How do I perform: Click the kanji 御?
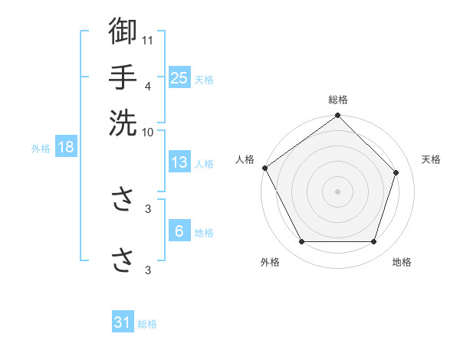123,31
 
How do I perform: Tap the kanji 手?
123,77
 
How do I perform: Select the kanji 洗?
123,123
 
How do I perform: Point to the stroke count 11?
148,39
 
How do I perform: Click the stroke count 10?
148,131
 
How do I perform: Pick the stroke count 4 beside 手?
148,86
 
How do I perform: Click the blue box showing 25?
179,77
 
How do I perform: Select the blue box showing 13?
179,162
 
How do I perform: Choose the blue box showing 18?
65,147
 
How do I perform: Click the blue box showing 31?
123,323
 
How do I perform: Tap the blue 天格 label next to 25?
204,79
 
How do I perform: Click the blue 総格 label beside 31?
147,325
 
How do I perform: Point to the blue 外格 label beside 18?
41,149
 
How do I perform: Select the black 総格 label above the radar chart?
338,100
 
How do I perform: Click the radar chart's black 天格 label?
431,159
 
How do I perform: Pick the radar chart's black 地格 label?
402,262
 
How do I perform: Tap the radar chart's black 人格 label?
245,159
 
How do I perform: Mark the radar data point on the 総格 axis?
338,116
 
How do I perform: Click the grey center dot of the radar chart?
338,191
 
